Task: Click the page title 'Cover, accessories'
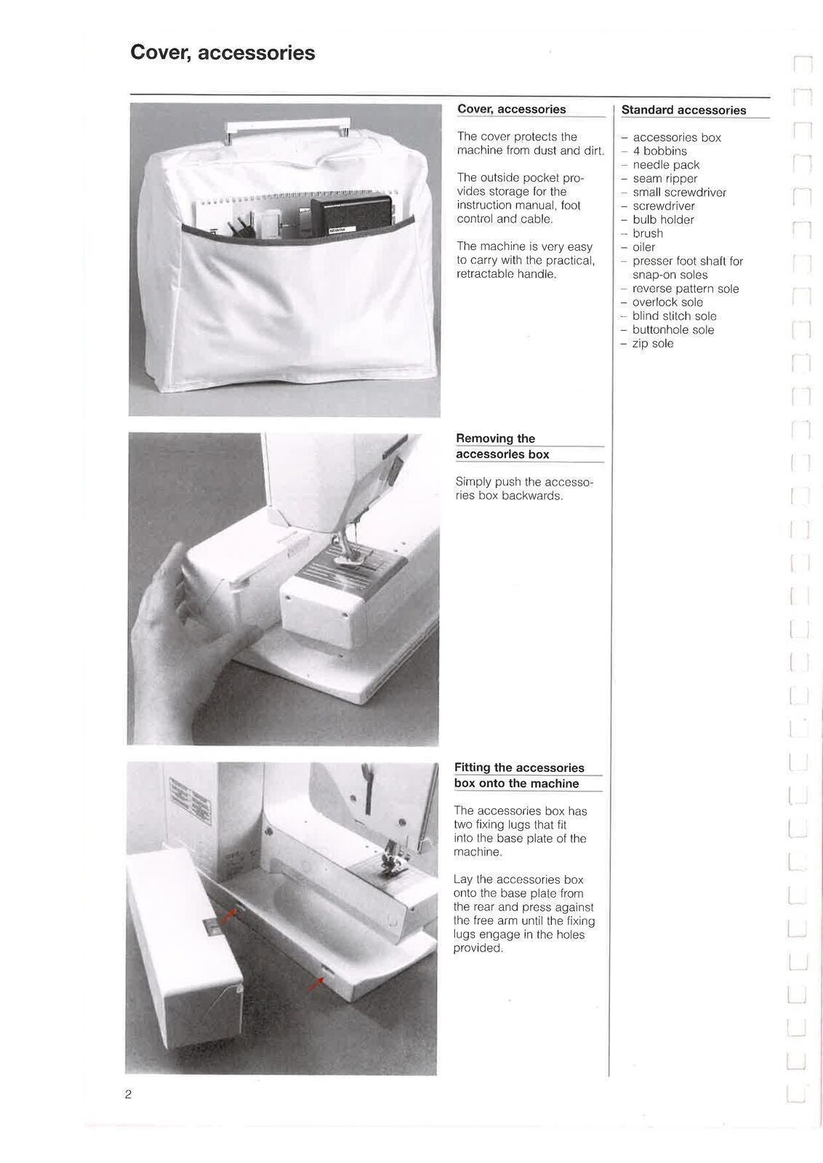click(222, 53)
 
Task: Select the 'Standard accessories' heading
click(683, 110)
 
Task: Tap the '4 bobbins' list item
click(659, 151)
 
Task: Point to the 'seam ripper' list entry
click(665, 179)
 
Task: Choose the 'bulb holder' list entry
click(663, 220)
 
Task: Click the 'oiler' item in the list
click(643, 247)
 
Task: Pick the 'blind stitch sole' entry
click(674, 316)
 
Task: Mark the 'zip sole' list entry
click(652, 344)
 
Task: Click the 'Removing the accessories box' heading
click(502, 446)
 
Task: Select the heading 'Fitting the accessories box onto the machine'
click(518, 776)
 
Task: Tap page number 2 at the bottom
click(128, 1095)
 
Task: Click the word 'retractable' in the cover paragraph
click(486, 275)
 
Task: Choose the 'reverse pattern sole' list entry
click(685, 289)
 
